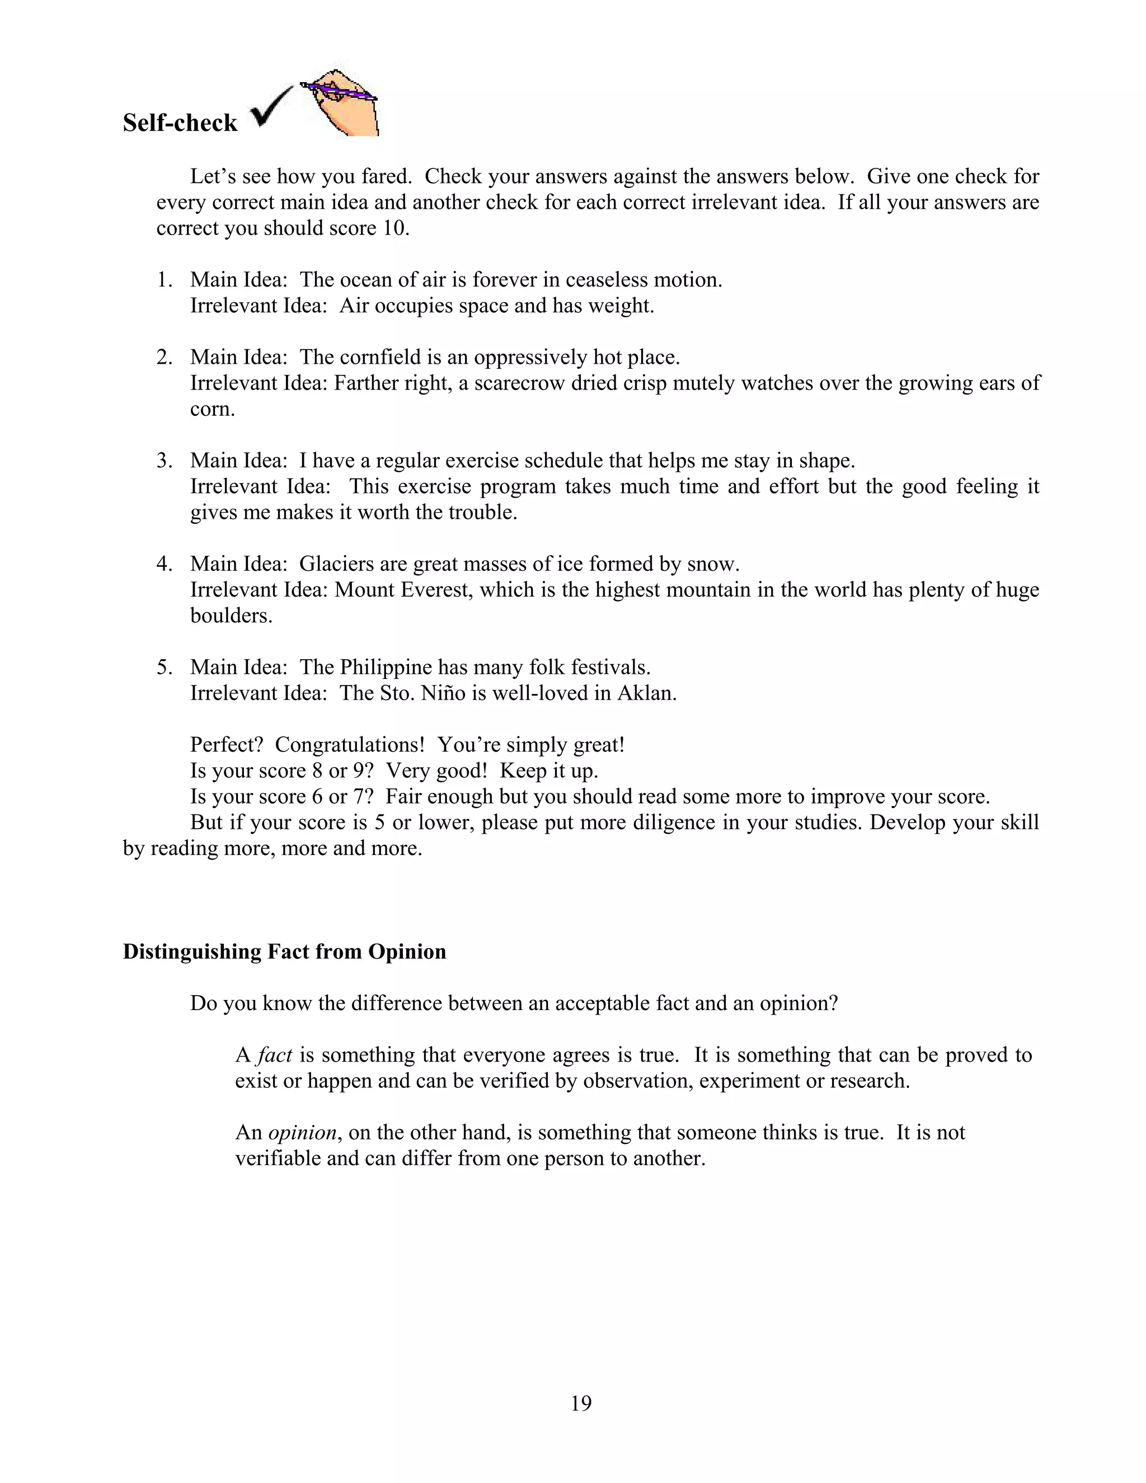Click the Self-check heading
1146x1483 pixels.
[180, 123]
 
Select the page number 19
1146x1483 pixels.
[581, 1403]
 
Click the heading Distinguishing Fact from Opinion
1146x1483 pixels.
[284, 951]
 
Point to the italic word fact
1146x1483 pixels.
[275, 1054]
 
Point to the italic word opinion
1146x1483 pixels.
[302, 1132]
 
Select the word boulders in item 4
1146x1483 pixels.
[231, 615]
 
